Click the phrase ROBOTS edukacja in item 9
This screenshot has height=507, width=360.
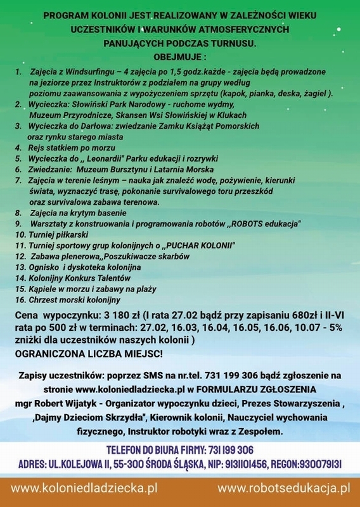pos(265,224)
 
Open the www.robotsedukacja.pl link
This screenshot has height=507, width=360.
pos(283,489)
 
